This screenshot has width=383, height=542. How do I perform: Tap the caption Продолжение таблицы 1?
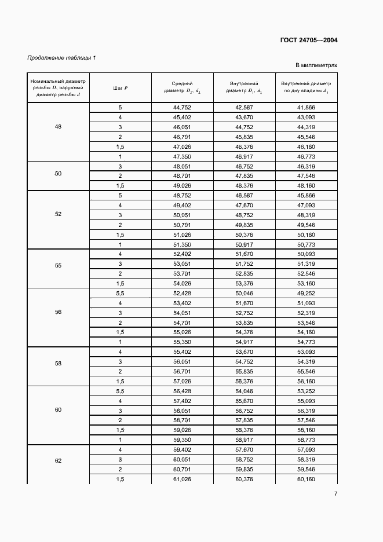click(x=62, y=57)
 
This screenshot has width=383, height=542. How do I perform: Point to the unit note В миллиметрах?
click(x=316, y=65)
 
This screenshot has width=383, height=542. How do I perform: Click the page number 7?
click(x=335, y=493)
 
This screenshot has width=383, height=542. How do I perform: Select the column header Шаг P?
click(x=121, y=87)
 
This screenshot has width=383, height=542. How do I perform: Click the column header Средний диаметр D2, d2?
click(x=182, y=87)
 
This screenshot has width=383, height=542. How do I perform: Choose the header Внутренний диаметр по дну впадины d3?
click(x=305, y=87)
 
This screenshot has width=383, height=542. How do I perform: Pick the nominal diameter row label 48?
click(x=58, y=126)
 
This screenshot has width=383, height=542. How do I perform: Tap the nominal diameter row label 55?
click(x=58, y=265)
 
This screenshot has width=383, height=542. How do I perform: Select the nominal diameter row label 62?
click(x=58, y=461)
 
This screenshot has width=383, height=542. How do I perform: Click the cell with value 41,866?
click(x=305, y=108)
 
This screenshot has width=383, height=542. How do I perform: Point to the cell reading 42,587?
click(x=244, y=108)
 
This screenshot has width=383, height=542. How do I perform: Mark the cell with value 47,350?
click(x=182, y=157)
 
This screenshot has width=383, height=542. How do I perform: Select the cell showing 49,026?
click(x=182, y=185)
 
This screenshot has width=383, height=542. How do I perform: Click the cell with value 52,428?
click(x=182, y=294)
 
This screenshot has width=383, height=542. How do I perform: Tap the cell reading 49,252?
click(x=305, y=294)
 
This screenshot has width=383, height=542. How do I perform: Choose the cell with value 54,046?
click(x=244, y=391)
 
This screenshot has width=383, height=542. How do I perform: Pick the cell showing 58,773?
click(x=305, y=440)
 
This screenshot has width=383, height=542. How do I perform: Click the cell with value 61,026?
click(x=182, y=479)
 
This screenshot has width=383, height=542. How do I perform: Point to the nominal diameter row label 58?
click(x=58, y=364)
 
